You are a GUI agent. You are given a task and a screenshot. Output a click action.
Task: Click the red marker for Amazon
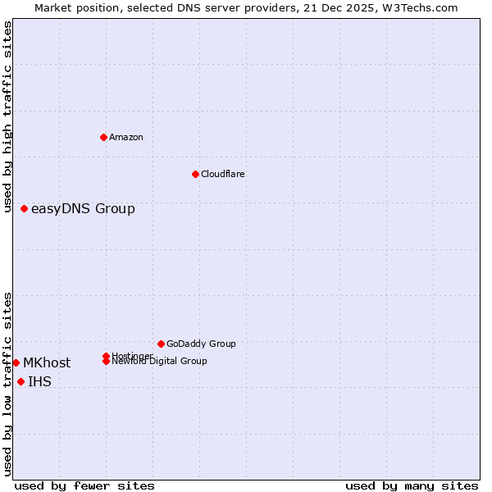pos(103,137)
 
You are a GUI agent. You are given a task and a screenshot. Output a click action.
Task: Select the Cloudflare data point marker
pos(195,174)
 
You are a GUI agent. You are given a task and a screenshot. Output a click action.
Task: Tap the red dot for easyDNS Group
pos(25,208)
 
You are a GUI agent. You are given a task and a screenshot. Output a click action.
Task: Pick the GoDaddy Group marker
pos(161,344)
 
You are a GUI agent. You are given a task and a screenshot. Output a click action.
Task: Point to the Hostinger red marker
pos(107,356)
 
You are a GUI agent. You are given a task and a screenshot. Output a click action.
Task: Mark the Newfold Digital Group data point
pos(107,361)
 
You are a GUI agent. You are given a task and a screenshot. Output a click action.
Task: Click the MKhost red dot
pos(16,362)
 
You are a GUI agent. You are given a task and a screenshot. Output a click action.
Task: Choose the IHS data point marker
pos(21,381)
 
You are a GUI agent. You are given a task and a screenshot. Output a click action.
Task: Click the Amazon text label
pos(126,137)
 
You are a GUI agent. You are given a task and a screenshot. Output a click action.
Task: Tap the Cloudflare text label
pos(223,174)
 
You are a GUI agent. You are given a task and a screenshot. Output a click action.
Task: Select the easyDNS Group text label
pos(83,208)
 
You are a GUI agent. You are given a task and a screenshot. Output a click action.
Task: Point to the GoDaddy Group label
pos(201,344)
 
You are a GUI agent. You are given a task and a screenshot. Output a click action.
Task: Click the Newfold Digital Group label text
pos(160,362)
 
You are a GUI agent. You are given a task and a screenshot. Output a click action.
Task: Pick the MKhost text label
pos(47,362)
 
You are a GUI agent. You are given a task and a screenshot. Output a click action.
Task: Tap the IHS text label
pos(39,381)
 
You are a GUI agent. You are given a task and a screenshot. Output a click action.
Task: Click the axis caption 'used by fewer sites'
pos(84,485)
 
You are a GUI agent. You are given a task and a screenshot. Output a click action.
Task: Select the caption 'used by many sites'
pos(412,485)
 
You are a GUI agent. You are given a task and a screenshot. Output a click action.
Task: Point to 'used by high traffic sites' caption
pos(7,117)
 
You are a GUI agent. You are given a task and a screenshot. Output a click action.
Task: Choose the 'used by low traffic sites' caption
pos(7,384)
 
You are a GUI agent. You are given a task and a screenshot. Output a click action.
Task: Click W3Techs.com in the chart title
pos(417,7)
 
